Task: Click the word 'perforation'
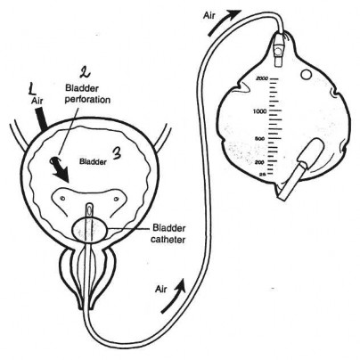coord(87,100)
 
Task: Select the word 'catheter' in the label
coord(168,239)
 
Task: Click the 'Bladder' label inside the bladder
coord(93,162)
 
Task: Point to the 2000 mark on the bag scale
coord(262,78)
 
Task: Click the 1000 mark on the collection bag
coord(259,111)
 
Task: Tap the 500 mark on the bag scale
coord(259,139)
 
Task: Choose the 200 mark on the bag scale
coord(259,162)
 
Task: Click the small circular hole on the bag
coord(306,74)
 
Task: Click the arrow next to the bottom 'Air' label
coord(174,296)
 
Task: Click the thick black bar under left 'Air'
coord(42,119)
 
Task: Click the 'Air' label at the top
coord(209,15)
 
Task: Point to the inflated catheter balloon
coord(90,230)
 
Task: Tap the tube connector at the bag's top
coord(278,49)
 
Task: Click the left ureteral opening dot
coord(62,198)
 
